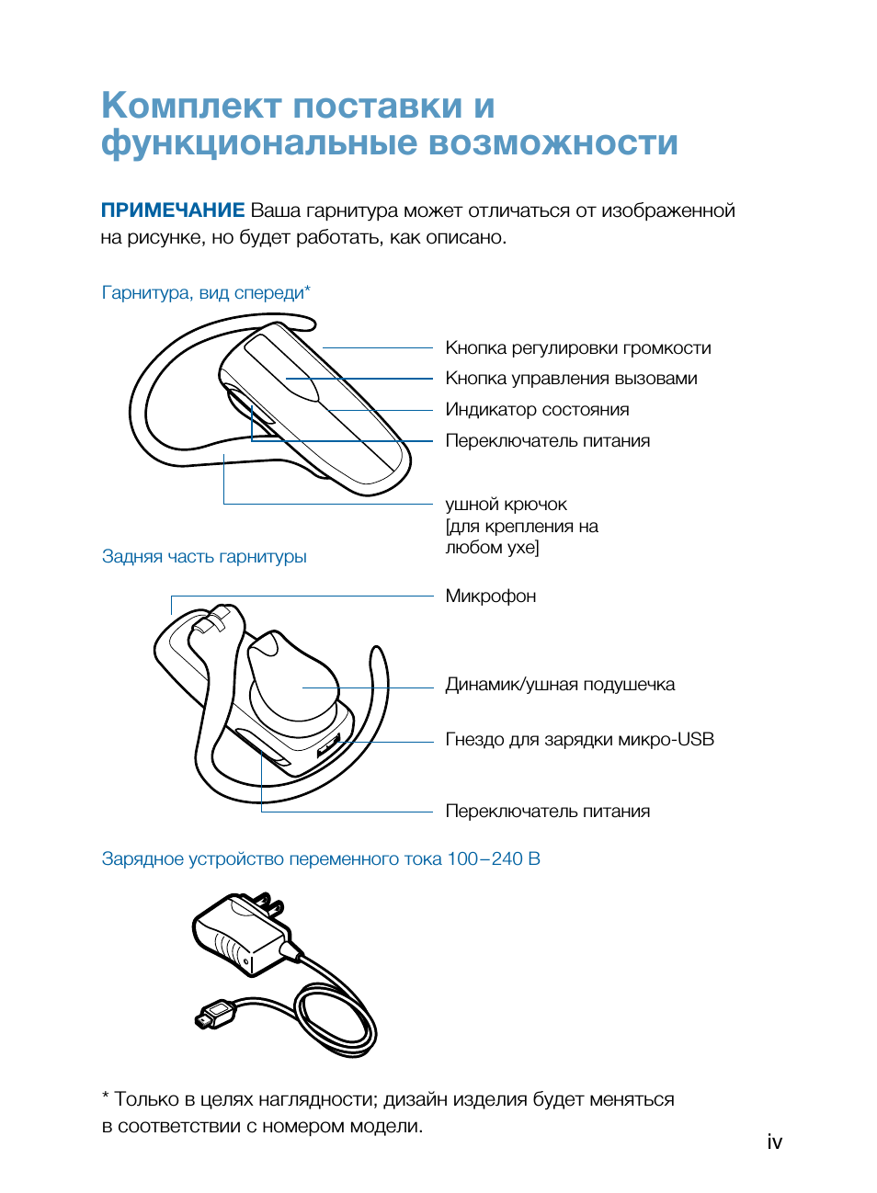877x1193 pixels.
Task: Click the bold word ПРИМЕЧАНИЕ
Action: (x=173, y=210)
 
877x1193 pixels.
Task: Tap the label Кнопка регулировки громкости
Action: (x=577, y=348)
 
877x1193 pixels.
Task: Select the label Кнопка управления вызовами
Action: (x=571, y=379)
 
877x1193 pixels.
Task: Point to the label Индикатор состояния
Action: (x=537, y=410)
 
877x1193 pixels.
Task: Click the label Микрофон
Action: (x=490, y=596)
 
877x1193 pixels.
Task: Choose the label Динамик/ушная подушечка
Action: (x=559, y=685)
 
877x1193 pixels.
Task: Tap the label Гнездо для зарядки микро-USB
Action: (x=579, y=740)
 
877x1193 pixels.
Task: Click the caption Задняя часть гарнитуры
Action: (x=204, y=557)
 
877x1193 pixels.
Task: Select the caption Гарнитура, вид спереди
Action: (x=205, y=293)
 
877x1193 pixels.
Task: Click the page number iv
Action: (x=774, y=1142)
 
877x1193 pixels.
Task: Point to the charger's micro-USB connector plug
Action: (x=214, y=1016)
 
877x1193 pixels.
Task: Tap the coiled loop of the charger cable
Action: (x=336, y=1020)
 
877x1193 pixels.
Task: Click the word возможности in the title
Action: (x=552, y=143)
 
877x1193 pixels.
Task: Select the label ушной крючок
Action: (x=506, y=505)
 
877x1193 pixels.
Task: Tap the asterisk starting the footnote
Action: (x=106, y=1097)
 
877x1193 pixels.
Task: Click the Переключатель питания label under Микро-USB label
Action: (x=547, y=812)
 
